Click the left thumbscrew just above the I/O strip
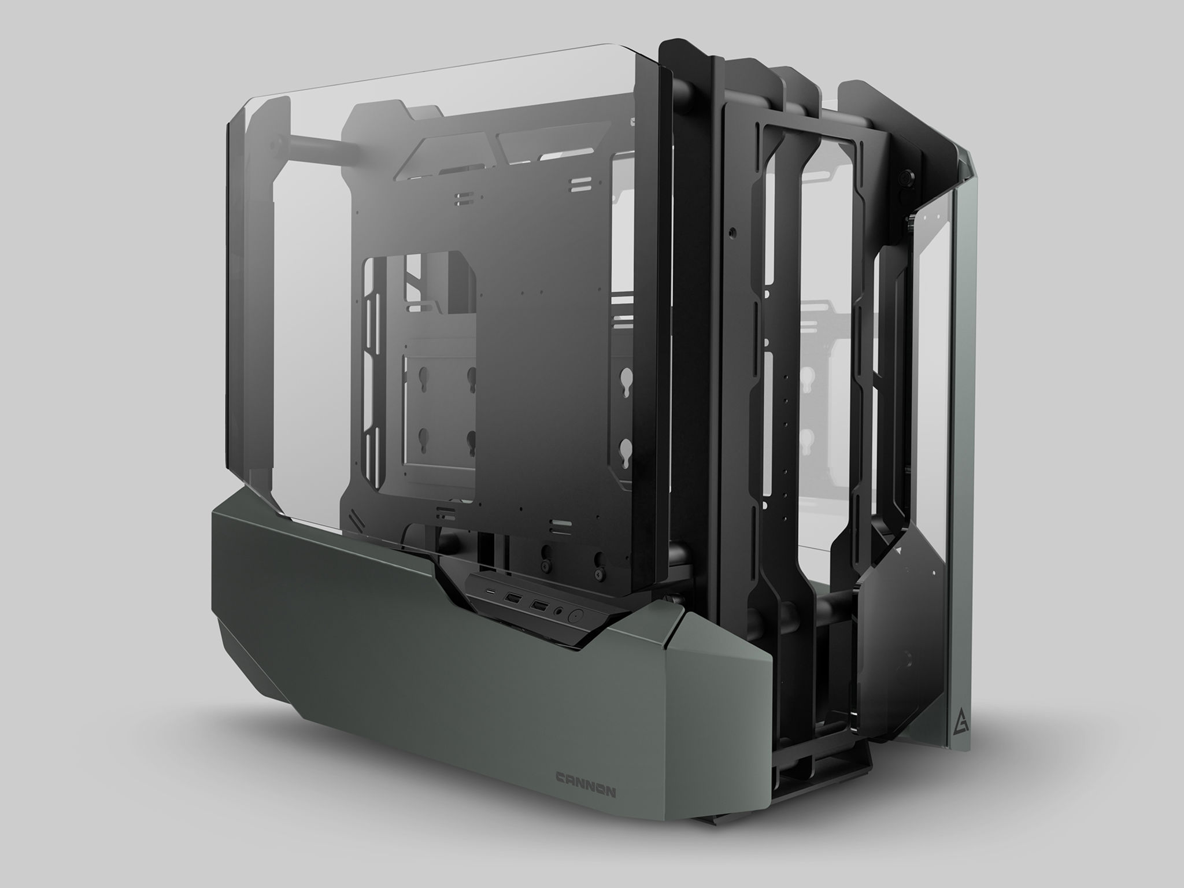tap(546, 555)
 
